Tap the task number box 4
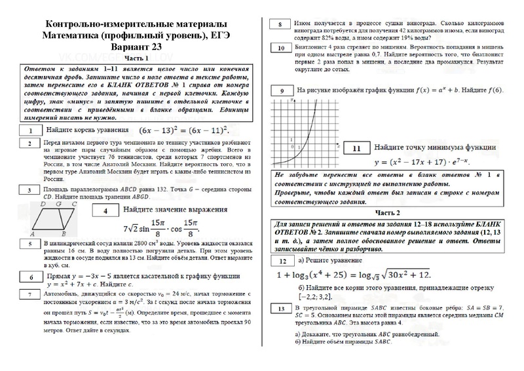pos(104,211)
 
